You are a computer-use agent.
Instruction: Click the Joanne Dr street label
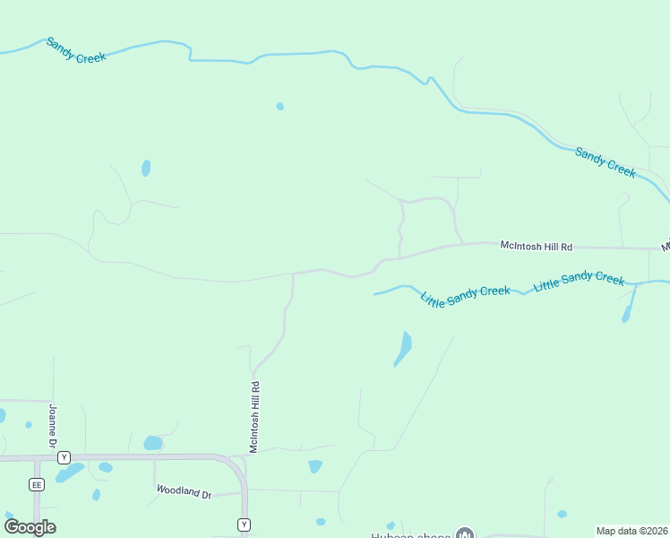pyautogui.click(x=53, y=428)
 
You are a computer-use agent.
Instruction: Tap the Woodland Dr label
pyautogui.click(x=184, y=492)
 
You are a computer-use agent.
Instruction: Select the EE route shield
pyautogui.click(x=37, y=484)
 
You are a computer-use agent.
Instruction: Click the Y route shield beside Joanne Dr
pyautogui.click(x=64, y=457)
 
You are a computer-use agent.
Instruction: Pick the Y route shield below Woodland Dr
pyautogui.click(x=244, y=525)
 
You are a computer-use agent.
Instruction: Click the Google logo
pyautogui.click(x=30, y=526)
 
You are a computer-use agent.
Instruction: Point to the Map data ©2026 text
pyautogui.click(x=632, y=531)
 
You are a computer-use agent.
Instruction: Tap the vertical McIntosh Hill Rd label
pyautogui.click(x=254, y=417)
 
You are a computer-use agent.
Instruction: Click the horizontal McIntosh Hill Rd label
pyautogui.click(x=536, y=245)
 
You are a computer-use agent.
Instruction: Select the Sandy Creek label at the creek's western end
pyautogui.click(x=76, y=50)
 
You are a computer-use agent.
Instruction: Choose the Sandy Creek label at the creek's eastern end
pyautogui.click(x=606, y=162)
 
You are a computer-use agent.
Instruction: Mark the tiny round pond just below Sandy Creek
pyautogui.click(x=280, y=106)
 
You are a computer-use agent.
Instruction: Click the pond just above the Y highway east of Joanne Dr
pyautogui.click(x=153, y=443)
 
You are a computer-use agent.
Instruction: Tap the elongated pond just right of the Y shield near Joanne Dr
pyautogui.click(x=71, y=472)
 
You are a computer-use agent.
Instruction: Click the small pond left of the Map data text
pyautogui.click(x=562, y=514)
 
